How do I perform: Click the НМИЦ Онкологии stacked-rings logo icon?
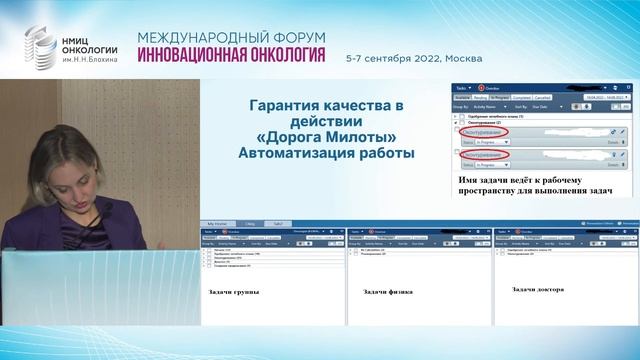tap(43, 46)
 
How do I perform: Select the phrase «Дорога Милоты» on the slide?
tap(328, 138)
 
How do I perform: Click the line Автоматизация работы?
tap(328, 154)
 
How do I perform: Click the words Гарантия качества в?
tap(328, 106)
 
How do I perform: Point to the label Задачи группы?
tap(232, 291)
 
